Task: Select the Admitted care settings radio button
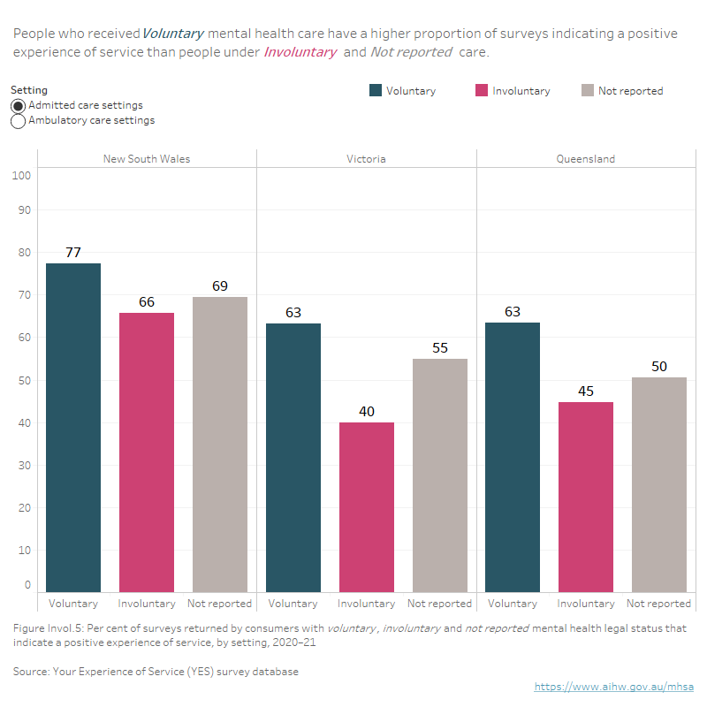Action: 19,105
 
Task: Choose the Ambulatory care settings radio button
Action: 19,121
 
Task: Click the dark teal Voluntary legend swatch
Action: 376,90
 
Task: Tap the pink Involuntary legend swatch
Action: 482,90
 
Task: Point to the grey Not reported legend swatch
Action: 588,90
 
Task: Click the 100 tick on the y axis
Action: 22,175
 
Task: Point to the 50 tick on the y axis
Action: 25,380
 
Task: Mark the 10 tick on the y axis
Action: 25,550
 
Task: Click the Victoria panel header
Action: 366,159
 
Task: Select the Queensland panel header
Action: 585,159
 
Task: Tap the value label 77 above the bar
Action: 73,253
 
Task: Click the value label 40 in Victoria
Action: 366,412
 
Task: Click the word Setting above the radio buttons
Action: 29,90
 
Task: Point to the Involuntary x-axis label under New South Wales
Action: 147,604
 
